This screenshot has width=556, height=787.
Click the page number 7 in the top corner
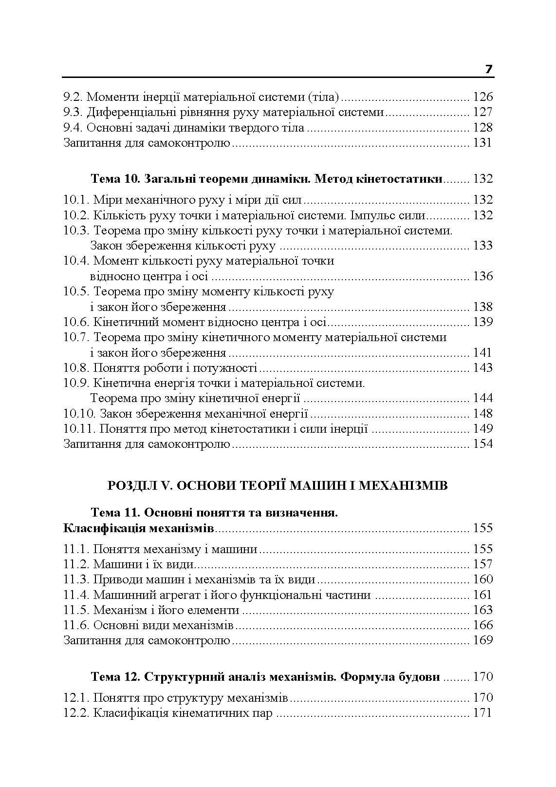point(489,70)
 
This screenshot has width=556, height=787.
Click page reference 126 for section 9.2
point(482,96)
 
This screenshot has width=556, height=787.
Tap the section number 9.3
point(73,112)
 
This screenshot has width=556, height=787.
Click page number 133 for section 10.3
point(482,246)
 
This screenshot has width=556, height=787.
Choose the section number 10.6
point(76,322)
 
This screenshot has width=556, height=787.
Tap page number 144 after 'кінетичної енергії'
point(482,399)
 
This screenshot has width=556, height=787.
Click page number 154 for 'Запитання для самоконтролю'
point(482,444)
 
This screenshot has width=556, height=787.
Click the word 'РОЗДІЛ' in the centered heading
point(130,486)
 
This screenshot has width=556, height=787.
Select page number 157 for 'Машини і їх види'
point(482,564)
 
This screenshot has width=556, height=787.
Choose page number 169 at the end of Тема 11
point(482,640)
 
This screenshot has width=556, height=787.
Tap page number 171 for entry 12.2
point(482,713)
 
